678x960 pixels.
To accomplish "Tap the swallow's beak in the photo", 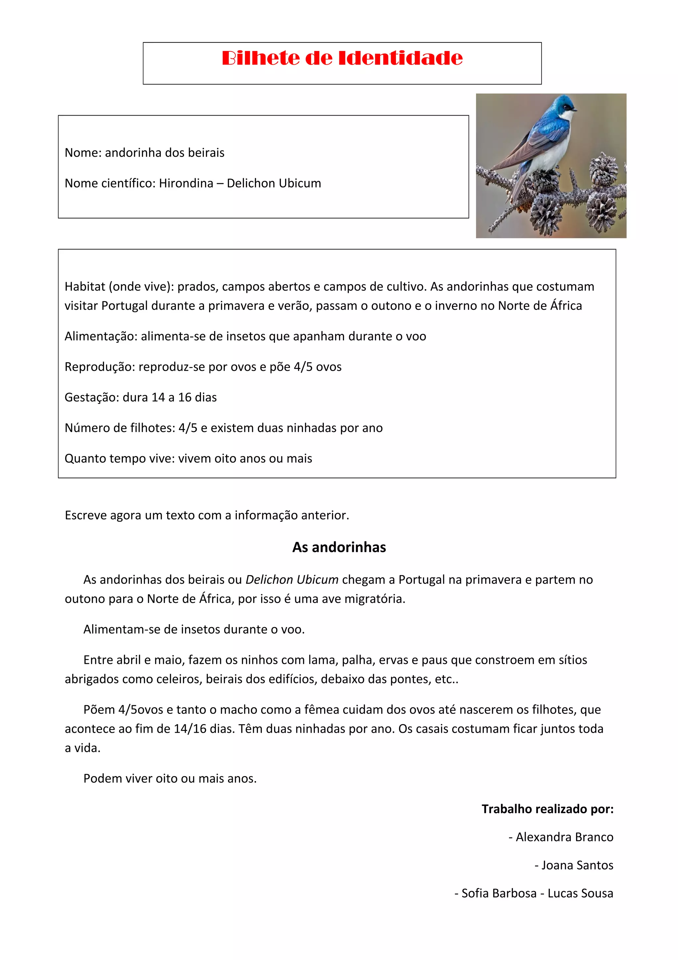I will [x=574, y=110].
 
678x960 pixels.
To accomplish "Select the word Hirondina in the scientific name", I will [x=186, y=183].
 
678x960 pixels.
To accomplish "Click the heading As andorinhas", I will [x=339, y=547].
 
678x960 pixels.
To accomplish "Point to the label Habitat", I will [x=85, y=287].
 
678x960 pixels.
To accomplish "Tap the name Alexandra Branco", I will [x=564, y=837].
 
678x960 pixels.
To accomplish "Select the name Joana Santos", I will [x=577, y=865].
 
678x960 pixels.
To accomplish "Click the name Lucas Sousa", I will [x=580, y=893].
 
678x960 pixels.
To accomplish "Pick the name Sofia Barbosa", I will [x=499, y=893].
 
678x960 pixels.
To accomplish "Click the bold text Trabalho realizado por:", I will [x=547, y=809].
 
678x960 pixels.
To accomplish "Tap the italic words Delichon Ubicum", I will [x=292, y=579].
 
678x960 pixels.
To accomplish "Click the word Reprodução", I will [x=99, y=367].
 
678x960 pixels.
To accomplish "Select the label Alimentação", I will [x=101, y=336].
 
